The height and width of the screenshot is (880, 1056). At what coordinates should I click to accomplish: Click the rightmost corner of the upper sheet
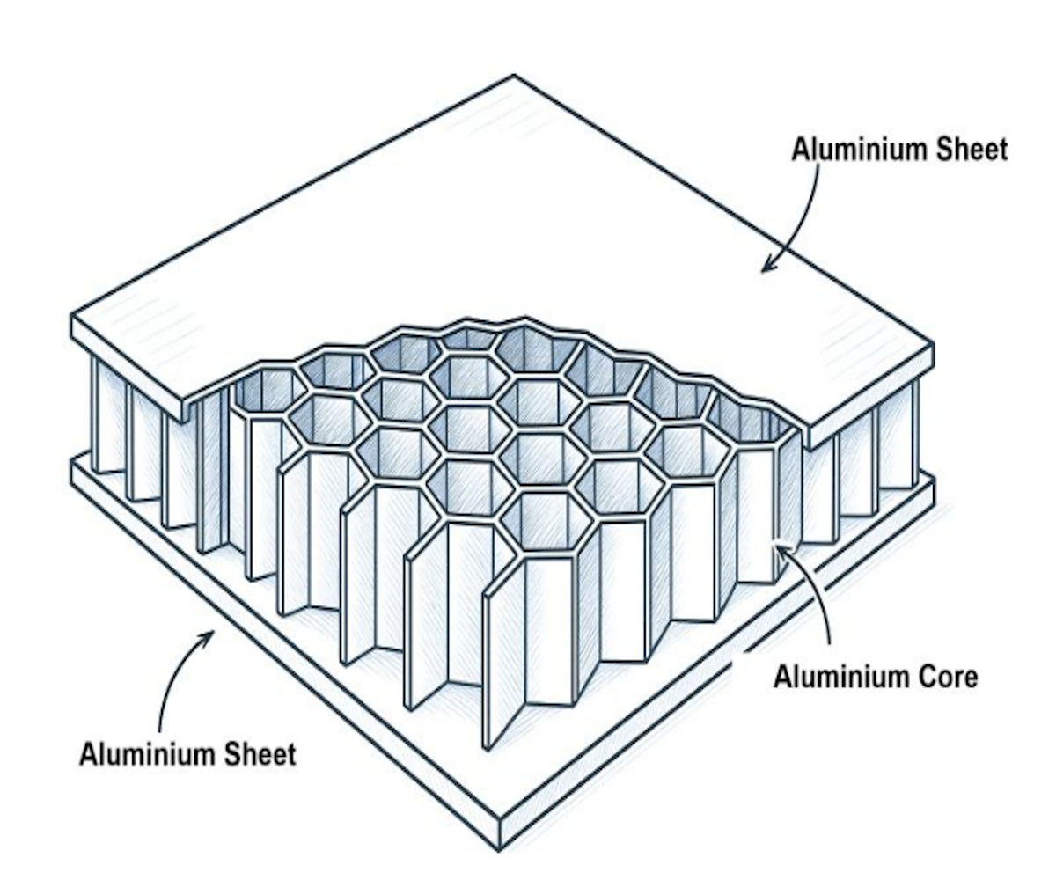pyautogui.click(x=931, y=345)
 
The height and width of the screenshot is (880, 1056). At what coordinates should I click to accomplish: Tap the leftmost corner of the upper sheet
pyautogui.click(x=72, y=315)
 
